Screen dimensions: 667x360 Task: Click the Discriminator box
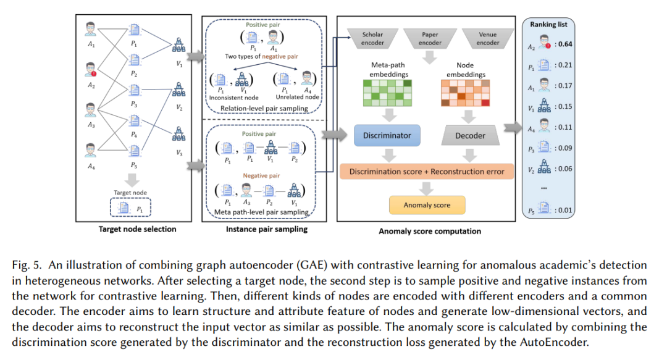tap(387, 135)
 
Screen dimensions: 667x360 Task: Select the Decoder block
tap(470, 135)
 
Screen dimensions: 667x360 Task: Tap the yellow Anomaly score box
tap(427, 205)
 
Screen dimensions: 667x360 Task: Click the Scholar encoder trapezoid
tap(372, 38)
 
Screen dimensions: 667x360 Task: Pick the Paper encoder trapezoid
tap(430, 38)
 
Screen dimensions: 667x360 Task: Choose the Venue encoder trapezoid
tap(487, 38)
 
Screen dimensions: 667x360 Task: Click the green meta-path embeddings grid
tap(387, 93)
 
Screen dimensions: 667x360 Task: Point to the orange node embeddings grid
tap(466, 93)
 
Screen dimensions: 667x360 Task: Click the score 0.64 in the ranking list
tap(565, 44)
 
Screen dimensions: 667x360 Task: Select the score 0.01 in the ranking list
tap(565, 210)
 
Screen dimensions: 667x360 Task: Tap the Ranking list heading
tap(548, 25)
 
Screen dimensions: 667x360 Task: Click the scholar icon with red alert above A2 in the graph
tap(91, 69)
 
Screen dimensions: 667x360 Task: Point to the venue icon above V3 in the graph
tap(178, 133)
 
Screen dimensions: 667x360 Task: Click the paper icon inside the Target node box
tap(124, 208)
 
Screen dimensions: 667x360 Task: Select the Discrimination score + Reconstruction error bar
tap(427, 172)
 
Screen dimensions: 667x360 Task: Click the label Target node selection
tap(137, 229)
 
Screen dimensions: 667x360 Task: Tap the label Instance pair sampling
tap(267, 229)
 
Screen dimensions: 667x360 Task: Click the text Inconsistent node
tap(233, 98)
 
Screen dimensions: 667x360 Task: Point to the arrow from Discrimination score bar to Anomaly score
tap(426, 188)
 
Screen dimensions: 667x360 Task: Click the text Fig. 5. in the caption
tap(27, 265)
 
